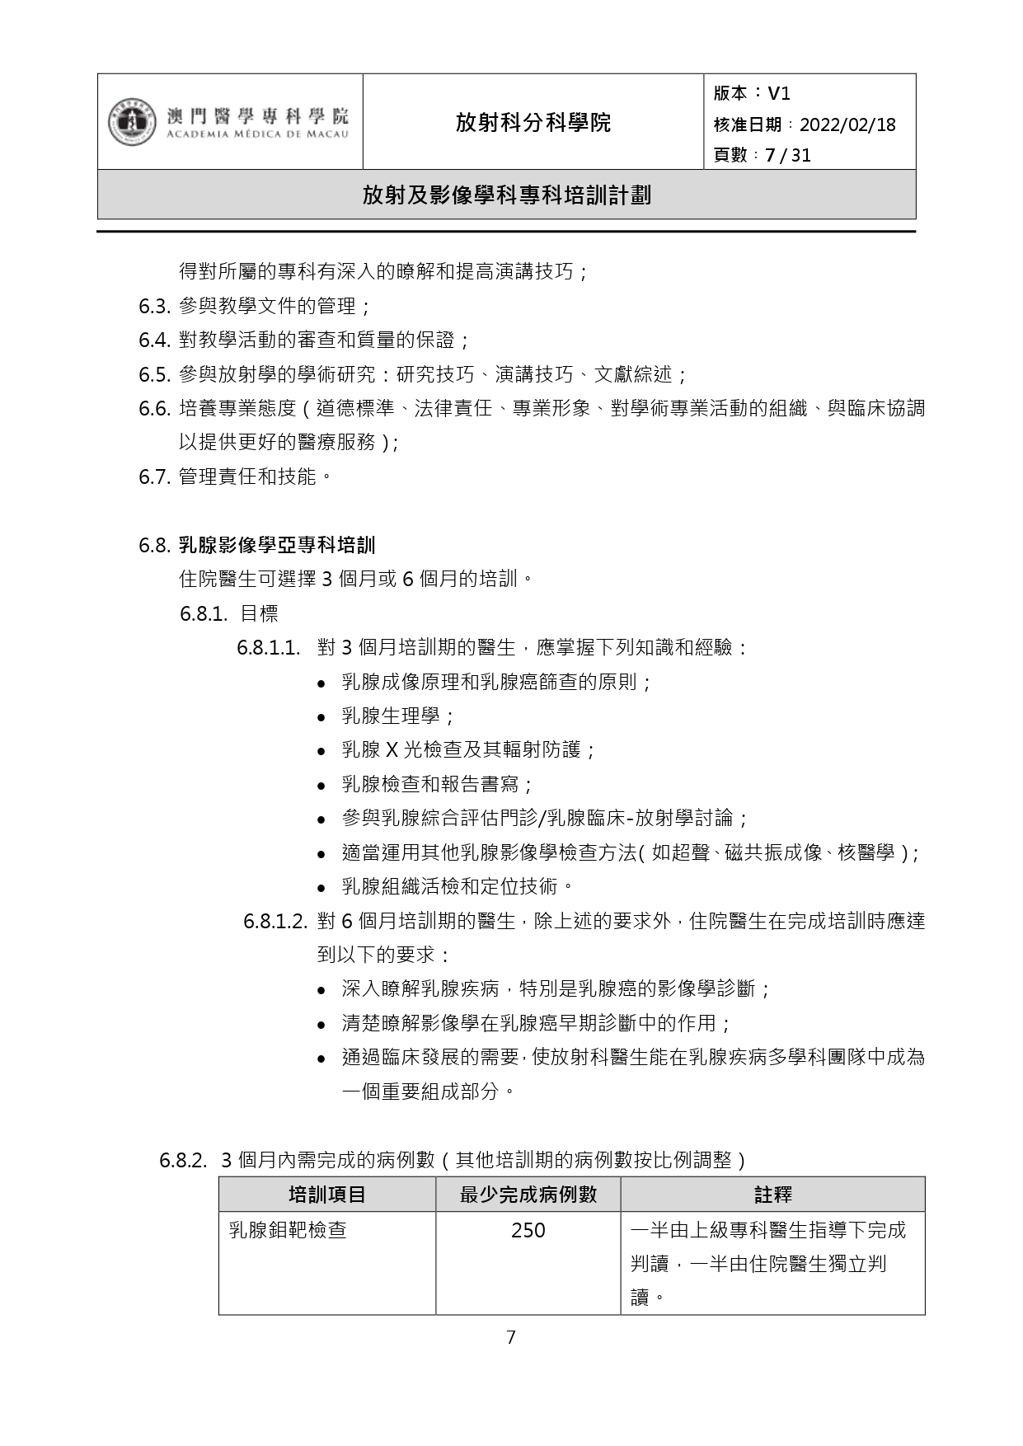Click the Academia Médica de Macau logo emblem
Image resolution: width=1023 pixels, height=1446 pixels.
[131, 123]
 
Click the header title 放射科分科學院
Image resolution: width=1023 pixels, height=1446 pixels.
[533, 123]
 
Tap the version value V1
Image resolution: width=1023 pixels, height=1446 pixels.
[778, 93]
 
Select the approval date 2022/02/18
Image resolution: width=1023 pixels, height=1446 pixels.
[847, 124]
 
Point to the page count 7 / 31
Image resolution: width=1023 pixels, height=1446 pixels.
[787, 155]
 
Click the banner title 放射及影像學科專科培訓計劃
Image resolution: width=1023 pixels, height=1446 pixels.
[506, 195]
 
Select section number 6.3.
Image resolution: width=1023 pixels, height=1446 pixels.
[154, 307]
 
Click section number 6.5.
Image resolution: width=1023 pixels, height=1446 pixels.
[154, 375]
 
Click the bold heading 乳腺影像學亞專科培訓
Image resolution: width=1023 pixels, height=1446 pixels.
[276, 545]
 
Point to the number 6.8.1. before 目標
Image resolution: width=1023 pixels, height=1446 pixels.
[204, 613]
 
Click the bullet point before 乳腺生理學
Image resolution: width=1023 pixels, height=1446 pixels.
[323, 717]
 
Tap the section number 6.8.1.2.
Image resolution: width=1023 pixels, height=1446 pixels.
[275, 922]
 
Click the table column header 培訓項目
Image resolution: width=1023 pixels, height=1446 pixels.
[326, 1195]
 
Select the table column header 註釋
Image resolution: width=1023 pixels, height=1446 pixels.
[772, 1195]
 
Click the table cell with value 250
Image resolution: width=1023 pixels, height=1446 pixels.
[528, 1230]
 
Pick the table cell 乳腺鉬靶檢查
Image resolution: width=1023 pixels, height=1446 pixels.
[287, 1230]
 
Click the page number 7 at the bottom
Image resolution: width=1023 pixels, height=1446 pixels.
[510, 1337]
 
